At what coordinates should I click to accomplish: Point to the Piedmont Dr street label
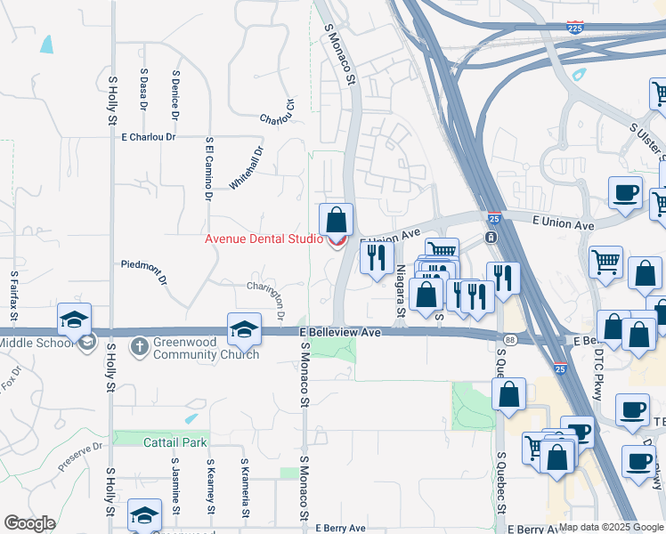coord(143,264)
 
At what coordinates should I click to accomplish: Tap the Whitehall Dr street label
coord(247,167)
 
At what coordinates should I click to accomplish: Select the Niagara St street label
coord(401,290)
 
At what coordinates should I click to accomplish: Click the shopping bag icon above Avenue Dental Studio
coord(336,220)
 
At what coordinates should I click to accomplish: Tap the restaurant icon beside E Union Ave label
coord(377,257)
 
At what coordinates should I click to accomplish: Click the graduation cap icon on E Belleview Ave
coord(243,330)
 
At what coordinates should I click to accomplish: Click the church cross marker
coord(139,344)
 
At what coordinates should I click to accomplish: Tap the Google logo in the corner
coord(29,523)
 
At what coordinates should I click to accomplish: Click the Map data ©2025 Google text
coord(610,527)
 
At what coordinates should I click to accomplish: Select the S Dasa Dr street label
coord(143,90)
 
